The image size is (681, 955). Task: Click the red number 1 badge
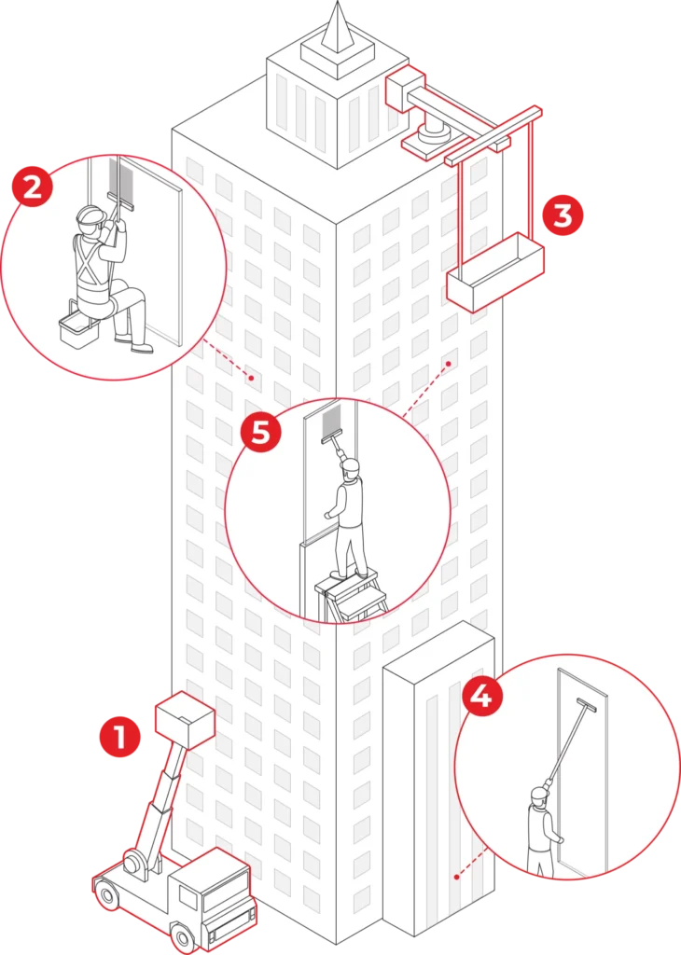click(118, 739)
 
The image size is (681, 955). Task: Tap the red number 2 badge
click(32, 189)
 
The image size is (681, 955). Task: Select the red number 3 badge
click(563, 215)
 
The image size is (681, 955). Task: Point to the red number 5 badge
click(261, 433)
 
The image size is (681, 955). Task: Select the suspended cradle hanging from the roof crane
click(494, 274)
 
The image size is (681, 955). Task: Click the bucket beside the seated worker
click(77, 326)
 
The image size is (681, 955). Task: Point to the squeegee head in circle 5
click(333, 432)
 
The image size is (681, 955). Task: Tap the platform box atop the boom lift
click(186, 716)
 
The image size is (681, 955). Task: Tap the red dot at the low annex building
click(456, 876)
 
